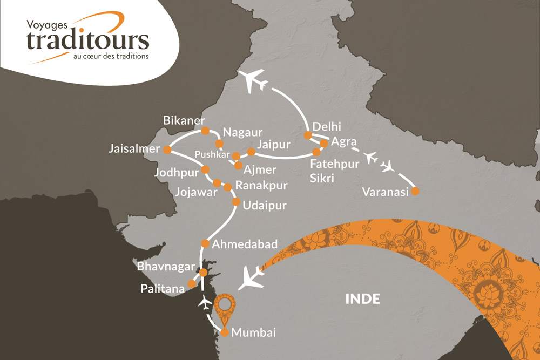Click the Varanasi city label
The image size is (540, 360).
386,192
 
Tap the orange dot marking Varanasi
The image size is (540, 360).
415,191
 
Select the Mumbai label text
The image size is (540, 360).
253,333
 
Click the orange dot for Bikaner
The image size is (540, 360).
205,131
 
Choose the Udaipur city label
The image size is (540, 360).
265,206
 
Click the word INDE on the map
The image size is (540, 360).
363,298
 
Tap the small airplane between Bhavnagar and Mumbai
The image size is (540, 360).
205,303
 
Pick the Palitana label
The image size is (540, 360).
161,289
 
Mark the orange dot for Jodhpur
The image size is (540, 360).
205,169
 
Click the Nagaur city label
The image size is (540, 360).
242,132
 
